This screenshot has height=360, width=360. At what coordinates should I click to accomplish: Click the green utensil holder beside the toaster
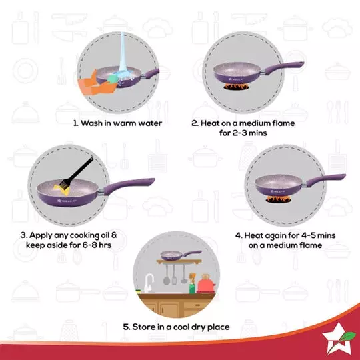click(191, 287)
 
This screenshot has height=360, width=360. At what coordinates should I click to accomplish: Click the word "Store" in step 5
click(143, 327)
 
